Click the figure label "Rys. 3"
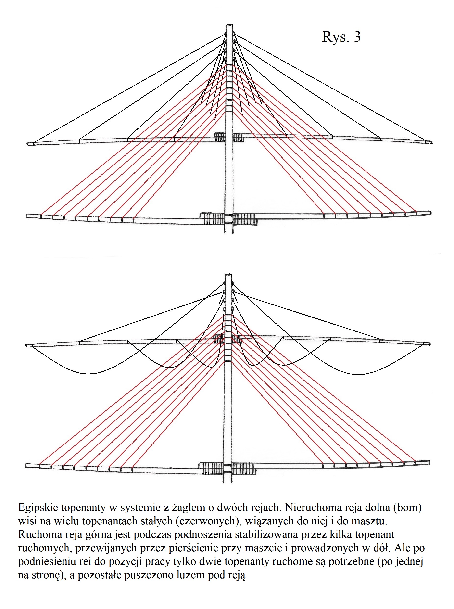[x=341, y=37]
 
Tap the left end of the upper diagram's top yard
[x=27, y=144]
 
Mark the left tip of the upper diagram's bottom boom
[x=27, y=216]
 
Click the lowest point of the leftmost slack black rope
[x=88, y=373]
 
